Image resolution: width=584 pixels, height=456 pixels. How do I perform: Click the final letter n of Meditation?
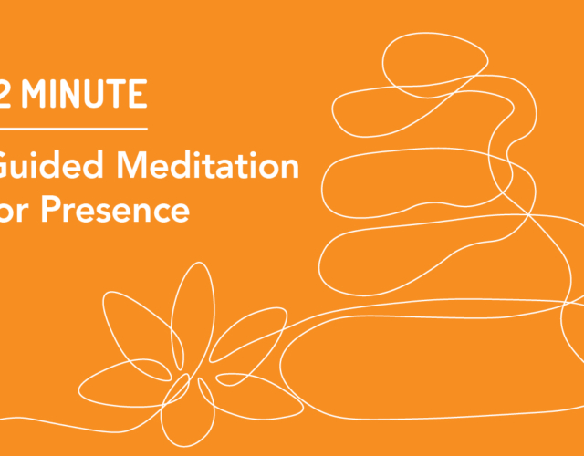click(290, 168)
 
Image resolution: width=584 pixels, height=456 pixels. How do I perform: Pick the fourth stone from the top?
click(429, 246)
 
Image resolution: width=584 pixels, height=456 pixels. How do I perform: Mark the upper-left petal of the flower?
click(137, 337)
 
